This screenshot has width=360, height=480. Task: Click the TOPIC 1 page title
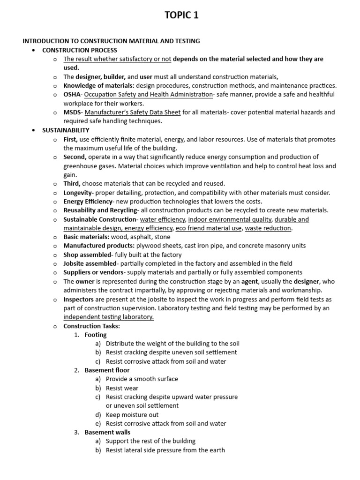tap(181, 15)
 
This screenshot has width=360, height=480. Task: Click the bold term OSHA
tap(73, 95)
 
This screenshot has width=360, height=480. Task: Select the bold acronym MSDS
tap(73, 112)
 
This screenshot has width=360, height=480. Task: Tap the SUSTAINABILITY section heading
tap(66, 130)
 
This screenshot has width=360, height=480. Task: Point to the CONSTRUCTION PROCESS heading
tap(80, 50)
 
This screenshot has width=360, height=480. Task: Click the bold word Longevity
tap(77, 193)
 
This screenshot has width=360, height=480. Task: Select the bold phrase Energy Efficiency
tap(88, 202)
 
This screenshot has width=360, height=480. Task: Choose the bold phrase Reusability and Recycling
tap(100, 210)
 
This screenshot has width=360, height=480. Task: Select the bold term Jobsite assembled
tap(90, 263)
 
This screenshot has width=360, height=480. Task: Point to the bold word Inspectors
tap(78, 299)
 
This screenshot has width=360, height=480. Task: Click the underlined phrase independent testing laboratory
tap(108, 317)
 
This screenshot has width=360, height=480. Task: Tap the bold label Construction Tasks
tap(92, 326)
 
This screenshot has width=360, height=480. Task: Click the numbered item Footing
tap(96, 335)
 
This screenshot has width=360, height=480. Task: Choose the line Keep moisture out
tap(132, 415)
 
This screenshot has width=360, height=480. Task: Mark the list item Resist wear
tap(122, 388)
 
